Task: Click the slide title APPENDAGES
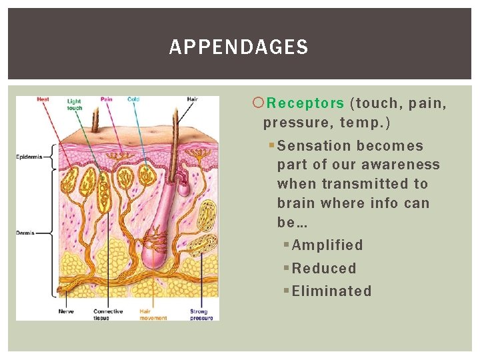click(239, 47)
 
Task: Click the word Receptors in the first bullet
click(305, 103)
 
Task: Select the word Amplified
click(327, 245)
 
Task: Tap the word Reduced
click(324, 268)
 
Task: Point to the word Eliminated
click(331, 291)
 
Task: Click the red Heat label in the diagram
click(43, 99)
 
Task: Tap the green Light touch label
click(75, 105)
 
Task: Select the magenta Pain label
click(106, 99)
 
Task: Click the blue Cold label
click(133, 99)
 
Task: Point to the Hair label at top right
click(192, 99)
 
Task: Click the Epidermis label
click(29, 157)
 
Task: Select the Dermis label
click(25, 233)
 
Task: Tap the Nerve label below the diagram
click(66, 311)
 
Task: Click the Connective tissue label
click(107, 315)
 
